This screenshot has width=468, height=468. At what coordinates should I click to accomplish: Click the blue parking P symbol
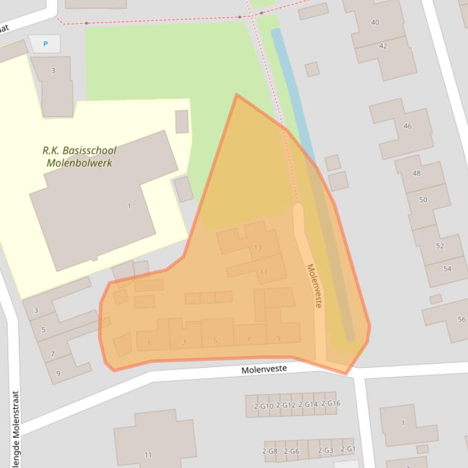45,44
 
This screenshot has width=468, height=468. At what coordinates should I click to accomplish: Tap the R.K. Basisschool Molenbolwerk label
79,156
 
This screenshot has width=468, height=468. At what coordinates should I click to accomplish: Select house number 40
375,22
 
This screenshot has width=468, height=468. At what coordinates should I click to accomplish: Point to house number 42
383,46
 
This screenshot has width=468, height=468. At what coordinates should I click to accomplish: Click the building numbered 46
407,126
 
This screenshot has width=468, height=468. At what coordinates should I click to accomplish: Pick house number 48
416,173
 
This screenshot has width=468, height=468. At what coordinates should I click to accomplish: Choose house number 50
423,200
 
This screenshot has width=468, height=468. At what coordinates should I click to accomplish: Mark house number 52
439,246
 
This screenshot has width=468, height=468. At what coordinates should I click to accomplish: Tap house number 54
447,269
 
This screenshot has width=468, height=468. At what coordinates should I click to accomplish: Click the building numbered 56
461,320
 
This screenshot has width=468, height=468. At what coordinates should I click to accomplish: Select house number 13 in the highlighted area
258,248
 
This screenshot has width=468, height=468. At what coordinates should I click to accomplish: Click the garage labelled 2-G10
264,405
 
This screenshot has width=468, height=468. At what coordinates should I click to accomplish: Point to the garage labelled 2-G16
330,404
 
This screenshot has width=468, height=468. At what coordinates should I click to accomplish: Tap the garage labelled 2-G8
270,451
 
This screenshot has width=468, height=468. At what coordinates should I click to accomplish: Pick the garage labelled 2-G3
326,450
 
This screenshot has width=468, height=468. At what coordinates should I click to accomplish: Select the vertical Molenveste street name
314,286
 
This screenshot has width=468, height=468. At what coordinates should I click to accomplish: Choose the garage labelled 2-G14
308,404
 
